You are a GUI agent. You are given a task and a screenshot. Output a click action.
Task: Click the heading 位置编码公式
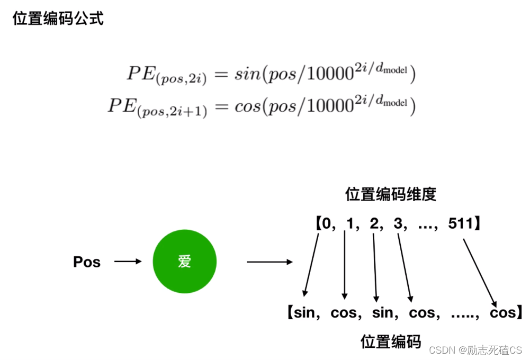pyautogui.click(x=58, y=19)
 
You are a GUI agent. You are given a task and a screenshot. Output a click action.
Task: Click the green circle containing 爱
pyautogui.click(x=184, y=262)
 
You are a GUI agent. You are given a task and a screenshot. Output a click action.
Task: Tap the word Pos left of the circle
pyautogui.click(x=87, y=262)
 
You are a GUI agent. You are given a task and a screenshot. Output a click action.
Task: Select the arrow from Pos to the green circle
pyautogui.click(x=128, y=262)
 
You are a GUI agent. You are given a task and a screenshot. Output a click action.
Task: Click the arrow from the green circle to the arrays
pyautogui.click(x=270, y=262)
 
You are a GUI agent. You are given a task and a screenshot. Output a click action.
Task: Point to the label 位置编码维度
pyautogui.click(x=391, y=194)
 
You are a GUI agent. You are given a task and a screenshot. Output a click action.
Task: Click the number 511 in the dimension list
pyautogui.click(x=459, y=223)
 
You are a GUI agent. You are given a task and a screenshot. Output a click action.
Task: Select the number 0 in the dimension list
pyautogui.click(x=326, y=223)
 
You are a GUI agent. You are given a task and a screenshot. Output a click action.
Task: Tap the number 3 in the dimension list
pyautogui.click(x=398, y=223)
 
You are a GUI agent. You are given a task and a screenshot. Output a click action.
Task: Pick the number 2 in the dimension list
pyautogui.click(x=374, y=223)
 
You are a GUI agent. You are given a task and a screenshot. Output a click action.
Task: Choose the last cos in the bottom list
pyautogui.click(x=502, y=313)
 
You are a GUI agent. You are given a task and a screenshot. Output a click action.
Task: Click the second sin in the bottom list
pyautogui.click(x=383, y=313)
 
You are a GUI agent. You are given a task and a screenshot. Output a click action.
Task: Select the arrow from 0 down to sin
pyautogui.click(x=312, y=265)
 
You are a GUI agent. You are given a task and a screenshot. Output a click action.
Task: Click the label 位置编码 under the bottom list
pyautogui.click(x=391, y=341)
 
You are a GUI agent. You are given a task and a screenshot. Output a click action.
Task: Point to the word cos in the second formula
pyautogui.click(x=248, y=106)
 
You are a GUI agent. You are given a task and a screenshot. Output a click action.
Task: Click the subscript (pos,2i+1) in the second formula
pyautogui.click(x=179, y=112)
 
